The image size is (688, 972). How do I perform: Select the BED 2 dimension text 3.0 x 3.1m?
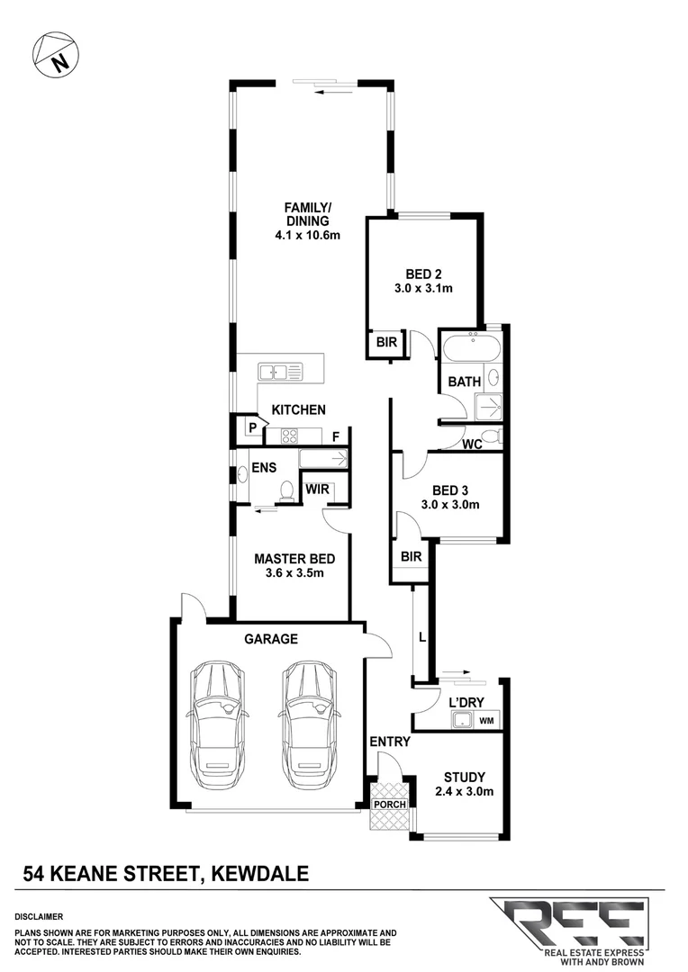coord(421,289)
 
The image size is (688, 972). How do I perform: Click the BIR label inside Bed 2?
coord(385,343)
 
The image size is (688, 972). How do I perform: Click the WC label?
coord(470,445)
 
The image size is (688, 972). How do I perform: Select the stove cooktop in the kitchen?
coord(290,436)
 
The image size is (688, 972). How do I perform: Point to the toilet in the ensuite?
coord(286,490)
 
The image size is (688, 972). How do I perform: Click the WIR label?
coord(317,490)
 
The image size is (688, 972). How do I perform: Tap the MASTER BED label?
coord(288,558)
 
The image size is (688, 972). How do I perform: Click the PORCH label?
coord(390,804)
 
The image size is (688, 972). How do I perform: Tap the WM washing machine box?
coord(486,721)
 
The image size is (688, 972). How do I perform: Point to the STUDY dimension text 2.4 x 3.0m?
coord(465,792)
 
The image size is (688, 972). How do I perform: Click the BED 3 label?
coord(451,490)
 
